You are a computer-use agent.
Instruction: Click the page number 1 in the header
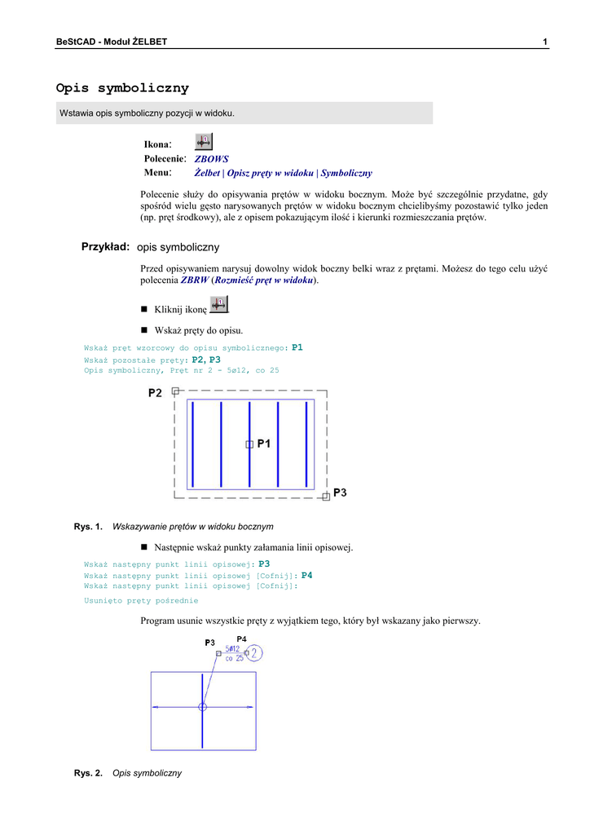(544, 42)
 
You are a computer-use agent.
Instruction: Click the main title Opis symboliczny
(122, 88)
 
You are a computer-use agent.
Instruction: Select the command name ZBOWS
(211, 159)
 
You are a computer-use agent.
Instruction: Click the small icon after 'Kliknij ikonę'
(218, 304)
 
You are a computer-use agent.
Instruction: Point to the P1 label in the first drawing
(264, 444)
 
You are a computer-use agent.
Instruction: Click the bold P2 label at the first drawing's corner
(155, 393)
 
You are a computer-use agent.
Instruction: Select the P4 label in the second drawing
(241, 638)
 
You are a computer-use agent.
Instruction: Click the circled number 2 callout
(254, 652)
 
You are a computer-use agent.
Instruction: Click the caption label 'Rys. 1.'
(88, 527)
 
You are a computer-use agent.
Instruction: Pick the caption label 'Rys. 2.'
(88, 773)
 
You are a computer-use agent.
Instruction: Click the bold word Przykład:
(106, 246)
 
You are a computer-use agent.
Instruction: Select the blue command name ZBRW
(194, 280)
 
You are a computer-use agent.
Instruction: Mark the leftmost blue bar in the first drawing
(193, 444)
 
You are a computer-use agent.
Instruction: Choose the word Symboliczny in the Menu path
(346, 173)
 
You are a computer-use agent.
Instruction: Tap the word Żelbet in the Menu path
(207, 173)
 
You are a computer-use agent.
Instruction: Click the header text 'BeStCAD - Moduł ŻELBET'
(112, 42)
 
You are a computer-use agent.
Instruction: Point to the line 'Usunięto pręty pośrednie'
(141, 600)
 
